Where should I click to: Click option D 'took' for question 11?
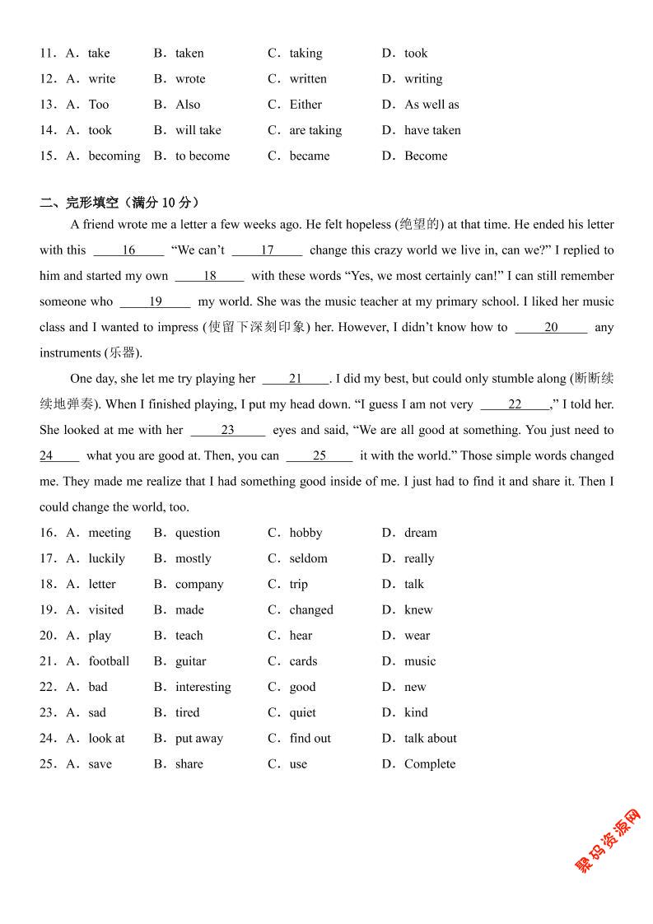[415, 54]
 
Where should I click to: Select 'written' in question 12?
[307, 79]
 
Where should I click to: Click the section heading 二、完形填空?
[119, 203]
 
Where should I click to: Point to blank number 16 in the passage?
[128, 250]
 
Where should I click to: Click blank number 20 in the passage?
[551, 327]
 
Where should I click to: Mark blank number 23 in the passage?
[227, 430]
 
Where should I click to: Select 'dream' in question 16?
[420, 533]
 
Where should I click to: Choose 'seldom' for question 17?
[308, 558]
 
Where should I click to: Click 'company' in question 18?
[198, 584]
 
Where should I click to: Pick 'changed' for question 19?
[311, 610]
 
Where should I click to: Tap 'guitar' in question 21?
[190, 661]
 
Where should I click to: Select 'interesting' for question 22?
[203, 687]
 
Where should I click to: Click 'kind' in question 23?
[416, 712]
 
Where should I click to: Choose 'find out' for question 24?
[310, 739]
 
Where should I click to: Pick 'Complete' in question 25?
[429, 764]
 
